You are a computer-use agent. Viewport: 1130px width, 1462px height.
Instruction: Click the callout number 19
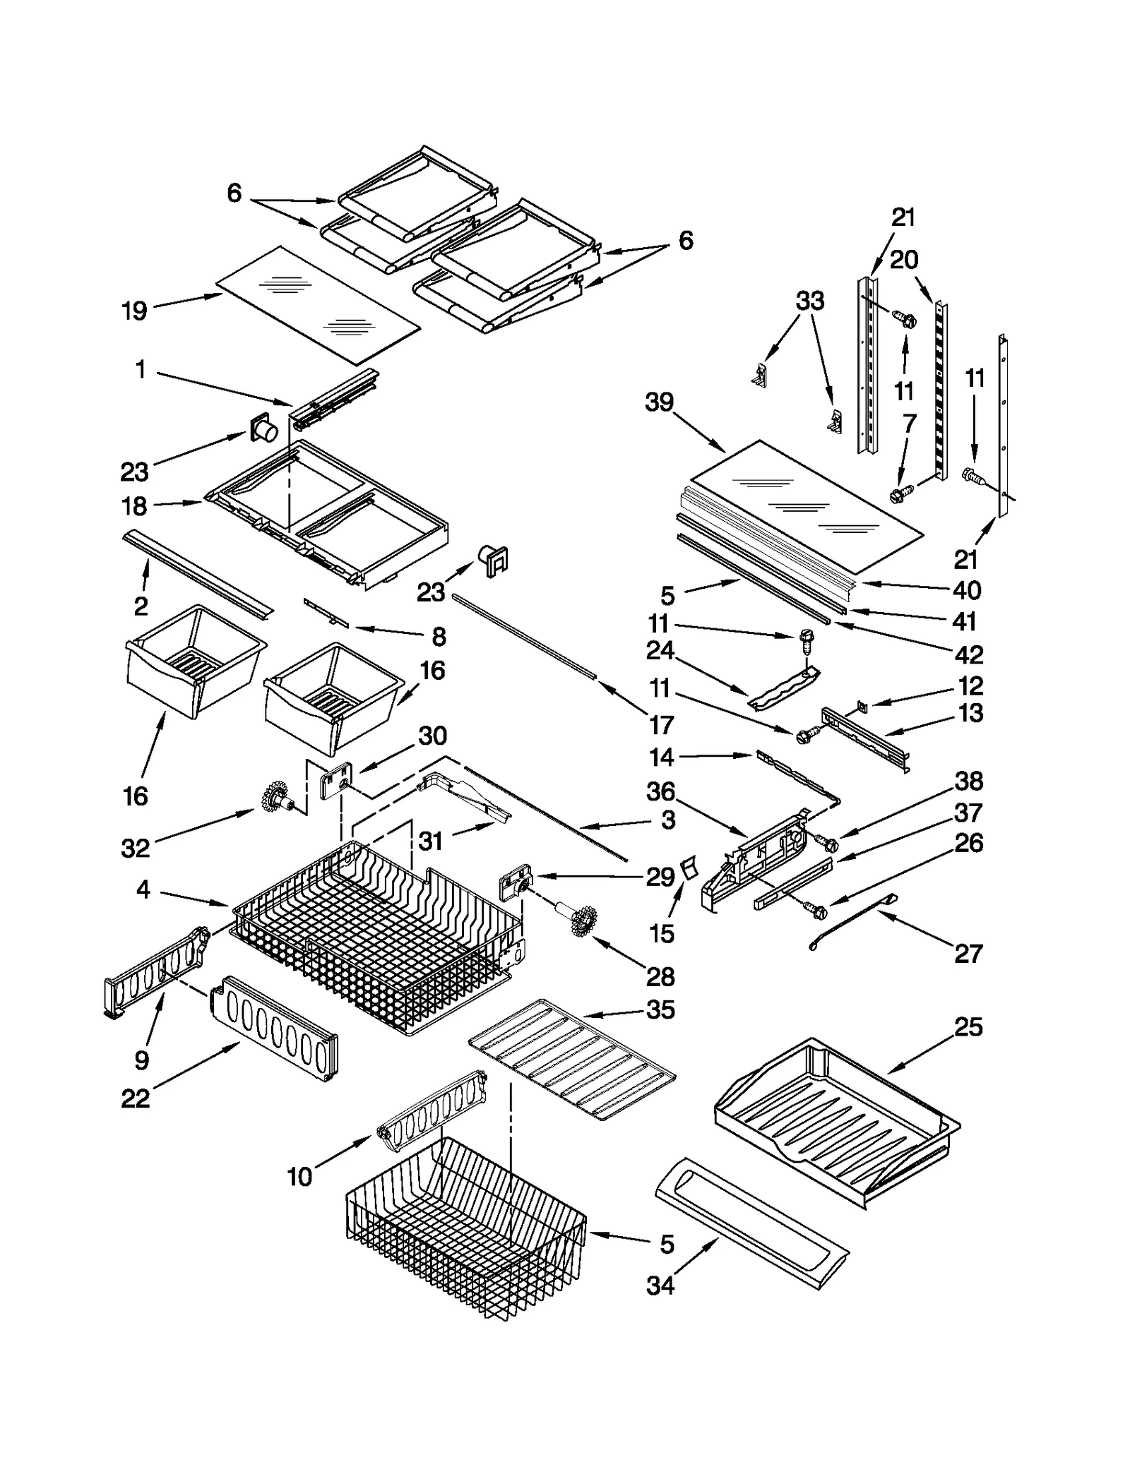point(134,311)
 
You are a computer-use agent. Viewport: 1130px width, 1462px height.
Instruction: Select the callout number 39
point(660,402)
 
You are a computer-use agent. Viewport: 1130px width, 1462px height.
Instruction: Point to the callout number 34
point(660,1286)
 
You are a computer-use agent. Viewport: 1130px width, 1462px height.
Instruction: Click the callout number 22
point(135,1098)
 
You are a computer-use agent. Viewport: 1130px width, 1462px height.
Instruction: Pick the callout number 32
point(135,848)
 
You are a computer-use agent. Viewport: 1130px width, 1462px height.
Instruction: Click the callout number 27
point(968,954)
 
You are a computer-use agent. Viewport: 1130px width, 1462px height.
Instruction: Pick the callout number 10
point(299,1177)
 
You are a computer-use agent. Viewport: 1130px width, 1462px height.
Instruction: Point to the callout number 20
point(904,260)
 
